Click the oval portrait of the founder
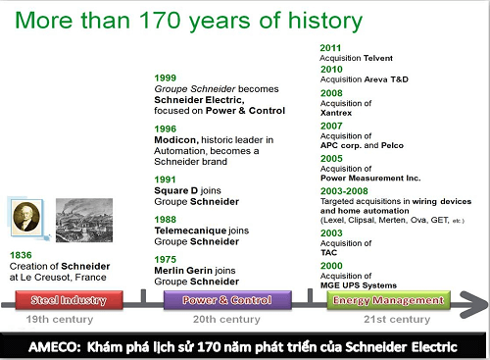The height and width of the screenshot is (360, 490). [x=26, y=217]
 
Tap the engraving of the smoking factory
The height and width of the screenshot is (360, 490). [x=84, y=220]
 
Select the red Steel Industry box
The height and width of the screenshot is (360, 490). [x=69, y=300]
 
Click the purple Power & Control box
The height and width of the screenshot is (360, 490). [x=227, y=300]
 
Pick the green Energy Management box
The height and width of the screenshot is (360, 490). [x=389, y=300]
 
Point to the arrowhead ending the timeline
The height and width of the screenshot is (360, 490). [x=474, y=305]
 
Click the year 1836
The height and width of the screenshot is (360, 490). [x=21, y=255]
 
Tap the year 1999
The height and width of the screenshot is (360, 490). [x=166, y=77]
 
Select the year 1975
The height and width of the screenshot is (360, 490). [x=166, y=259]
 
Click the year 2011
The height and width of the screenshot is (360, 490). [x=330, y=48]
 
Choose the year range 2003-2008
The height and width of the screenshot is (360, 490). [x=344, y=191]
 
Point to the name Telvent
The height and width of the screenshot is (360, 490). [x=378, y=58]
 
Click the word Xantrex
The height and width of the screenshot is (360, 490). [x=336, y=113]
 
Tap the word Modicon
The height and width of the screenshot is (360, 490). [x=176, y=140]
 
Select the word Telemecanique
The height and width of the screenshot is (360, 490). [x=190, y=231]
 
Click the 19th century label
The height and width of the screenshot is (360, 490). [x=60, y=319]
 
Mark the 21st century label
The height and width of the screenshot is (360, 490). [x=397, y=319]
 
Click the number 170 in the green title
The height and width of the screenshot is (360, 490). [x=160, y=21]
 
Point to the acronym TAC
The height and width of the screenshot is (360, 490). [x=328, y=252]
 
